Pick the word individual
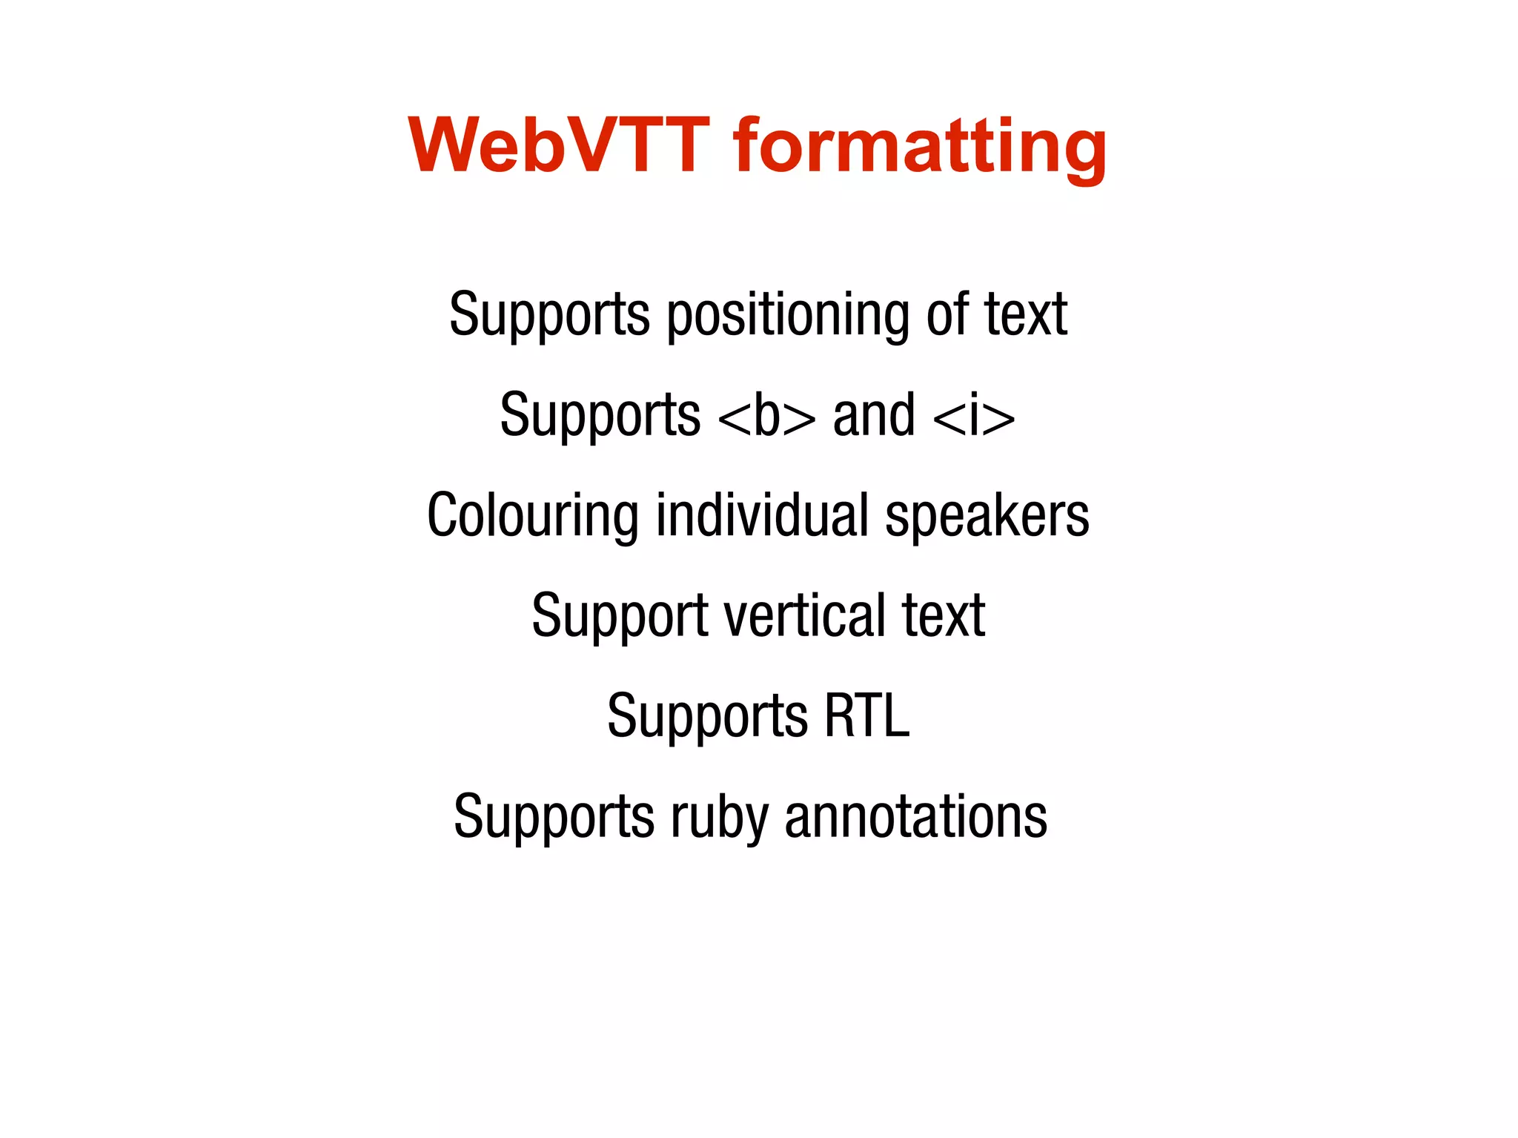762,515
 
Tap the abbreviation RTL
866,716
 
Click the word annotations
915,817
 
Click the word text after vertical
943,616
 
